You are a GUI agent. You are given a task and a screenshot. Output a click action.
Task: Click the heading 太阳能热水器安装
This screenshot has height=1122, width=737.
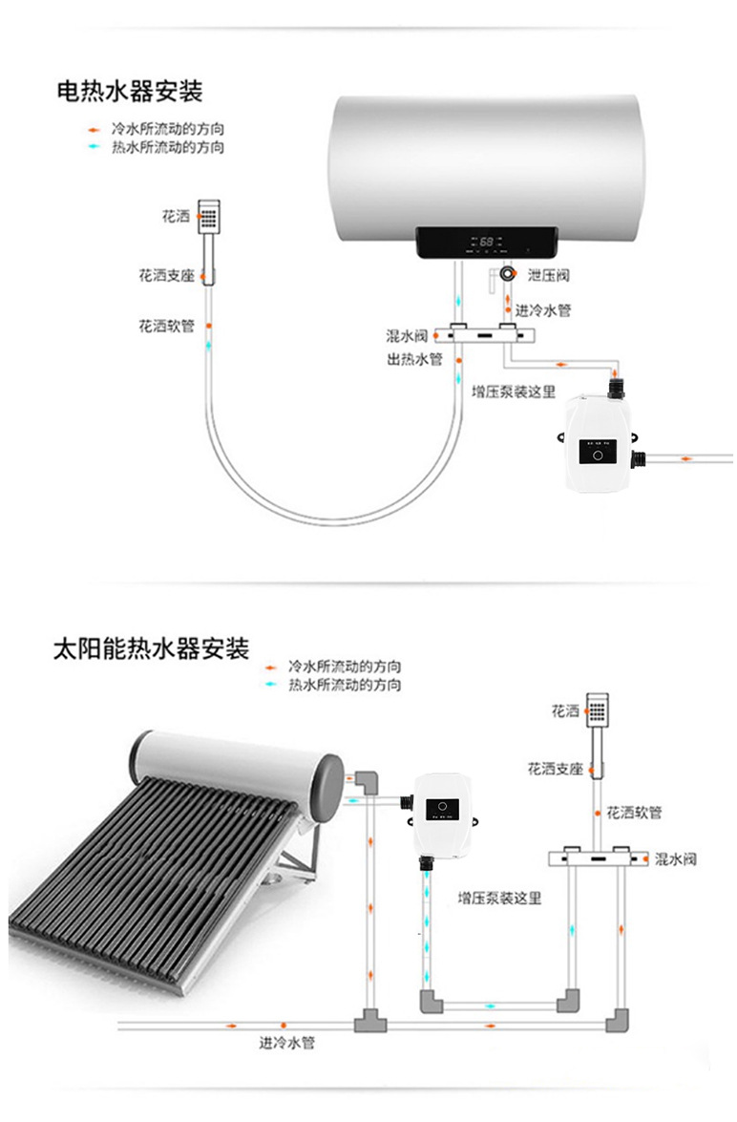click(151, 649)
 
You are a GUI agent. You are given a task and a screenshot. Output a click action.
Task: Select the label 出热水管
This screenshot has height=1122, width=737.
click(414, 359)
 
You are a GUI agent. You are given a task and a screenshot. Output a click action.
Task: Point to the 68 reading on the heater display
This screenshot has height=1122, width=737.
click(486, 243)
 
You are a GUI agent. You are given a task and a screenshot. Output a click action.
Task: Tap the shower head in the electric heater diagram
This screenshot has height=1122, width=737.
click(209, 216)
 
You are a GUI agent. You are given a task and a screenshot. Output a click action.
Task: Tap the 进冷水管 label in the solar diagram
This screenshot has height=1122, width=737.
click(286, 1043)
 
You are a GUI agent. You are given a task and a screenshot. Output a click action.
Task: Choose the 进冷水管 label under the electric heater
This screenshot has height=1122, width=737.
click(543, 310)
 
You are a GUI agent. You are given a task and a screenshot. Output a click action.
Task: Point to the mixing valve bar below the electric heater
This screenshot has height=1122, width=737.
click(484, 335)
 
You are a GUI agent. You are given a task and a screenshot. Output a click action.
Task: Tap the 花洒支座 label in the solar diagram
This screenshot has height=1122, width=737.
click(555, 768)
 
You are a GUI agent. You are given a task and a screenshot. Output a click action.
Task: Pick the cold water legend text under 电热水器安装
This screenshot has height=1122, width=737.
click(168, 129)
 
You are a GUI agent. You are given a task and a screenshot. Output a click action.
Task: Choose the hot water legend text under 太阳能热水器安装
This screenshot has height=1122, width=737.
click(345, 686)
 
